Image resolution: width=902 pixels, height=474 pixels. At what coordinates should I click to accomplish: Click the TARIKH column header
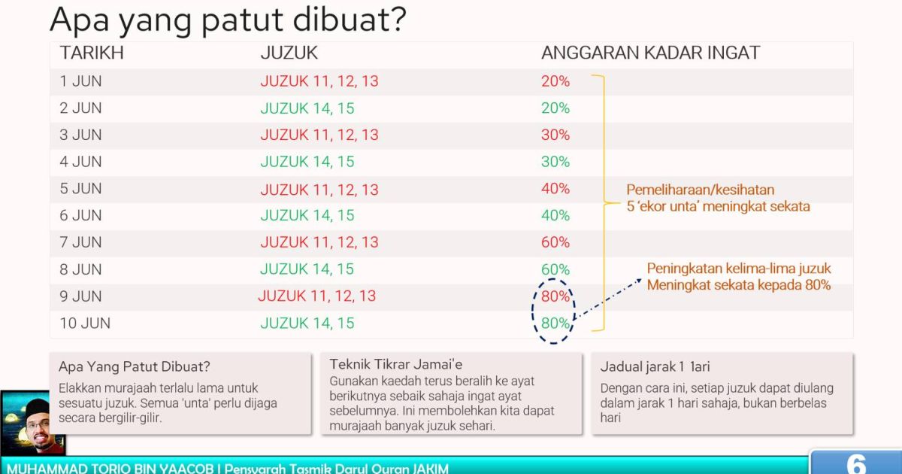point(92,53)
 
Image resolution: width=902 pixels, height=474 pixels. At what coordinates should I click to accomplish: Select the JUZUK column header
point(289,53)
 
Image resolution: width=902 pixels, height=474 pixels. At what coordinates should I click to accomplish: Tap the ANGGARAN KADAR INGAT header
point(650,53)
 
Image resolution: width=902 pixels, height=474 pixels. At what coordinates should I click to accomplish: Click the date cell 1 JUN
point(80,81)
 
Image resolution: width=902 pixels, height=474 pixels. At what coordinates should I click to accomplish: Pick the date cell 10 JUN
point(85,324)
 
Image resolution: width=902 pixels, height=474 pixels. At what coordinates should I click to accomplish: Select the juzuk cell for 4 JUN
point(307,162)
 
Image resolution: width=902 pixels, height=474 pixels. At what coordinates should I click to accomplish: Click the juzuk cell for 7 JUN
point(319,242)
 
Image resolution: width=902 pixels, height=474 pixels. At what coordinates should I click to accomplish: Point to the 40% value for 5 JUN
point(555,189)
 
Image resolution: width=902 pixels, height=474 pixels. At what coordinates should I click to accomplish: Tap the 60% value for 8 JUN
point(555,269)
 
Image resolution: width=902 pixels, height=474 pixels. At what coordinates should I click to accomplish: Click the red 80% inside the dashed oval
point(555,296)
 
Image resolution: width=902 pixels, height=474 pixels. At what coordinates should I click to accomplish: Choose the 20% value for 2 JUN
point(555,108)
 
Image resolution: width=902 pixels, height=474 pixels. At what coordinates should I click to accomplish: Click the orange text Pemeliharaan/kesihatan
point(700,190)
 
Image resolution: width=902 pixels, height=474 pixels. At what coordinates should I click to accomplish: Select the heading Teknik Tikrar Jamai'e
point(396,365)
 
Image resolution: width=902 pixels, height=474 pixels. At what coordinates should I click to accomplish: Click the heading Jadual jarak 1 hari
point(655,367)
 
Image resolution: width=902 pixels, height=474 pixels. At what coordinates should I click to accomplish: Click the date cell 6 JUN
point(80,216)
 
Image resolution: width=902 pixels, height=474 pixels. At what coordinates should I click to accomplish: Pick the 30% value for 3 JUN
point(555,135)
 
